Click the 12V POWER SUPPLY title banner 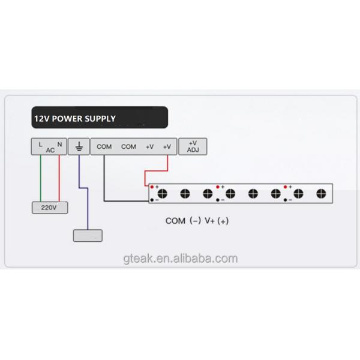tap(100, 118)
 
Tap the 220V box tap(50, 208)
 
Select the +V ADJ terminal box tap(193, 146)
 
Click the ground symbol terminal tap(79, 146)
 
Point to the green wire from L tap(41, 178)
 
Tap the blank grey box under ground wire tap(88, 236)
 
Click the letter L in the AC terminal tap(40, 145)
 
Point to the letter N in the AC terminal tap(59, 145)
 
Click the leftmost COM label tap(104, 146)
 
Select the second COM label tap(128, 146)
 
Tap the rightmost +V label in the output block tap(167, 146)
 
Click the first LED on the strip tap(163, 194)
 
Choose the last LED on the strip tap(321, 194)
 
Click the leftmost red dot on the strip tap(152, 187)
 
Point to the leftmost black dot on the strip tap(152, 200)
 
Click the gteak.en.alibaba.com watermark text tap(181, 259)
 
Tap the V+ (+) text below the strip tap(217, 221)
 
